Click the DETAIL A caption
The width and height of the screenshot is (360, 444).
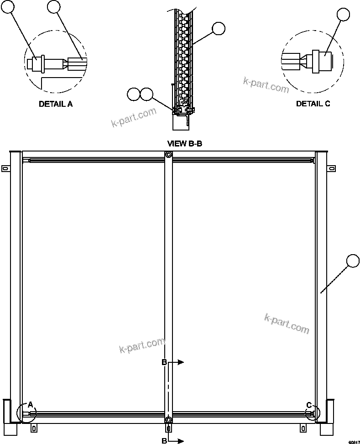(56, 104)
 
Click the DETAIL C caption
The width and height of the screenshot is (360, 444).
(313, 104)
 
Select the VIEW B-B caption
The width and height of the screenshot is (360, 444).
(185, 143)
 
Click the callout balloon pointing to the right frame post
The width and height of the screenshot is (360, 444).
(353, 261)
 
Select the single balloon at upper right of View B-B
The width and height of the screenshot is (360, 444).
(219, 29)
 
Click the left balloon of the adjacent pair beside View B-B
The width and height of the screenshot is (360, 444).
(134, 94)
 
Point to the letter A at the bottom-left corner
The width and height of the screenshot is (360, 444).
(31, 404)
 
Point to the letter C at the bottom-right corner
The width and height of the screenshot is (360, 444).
(309, 404)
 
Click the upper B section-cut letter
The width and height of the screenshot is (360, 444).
(164, 362)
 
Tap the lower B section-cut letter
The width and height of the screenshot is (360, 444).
(164, 441)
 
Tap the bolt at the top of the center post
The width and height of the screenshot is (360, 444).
(168, 156)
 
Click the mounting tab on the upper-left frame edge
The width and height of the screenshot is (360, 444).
(5, 169)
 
